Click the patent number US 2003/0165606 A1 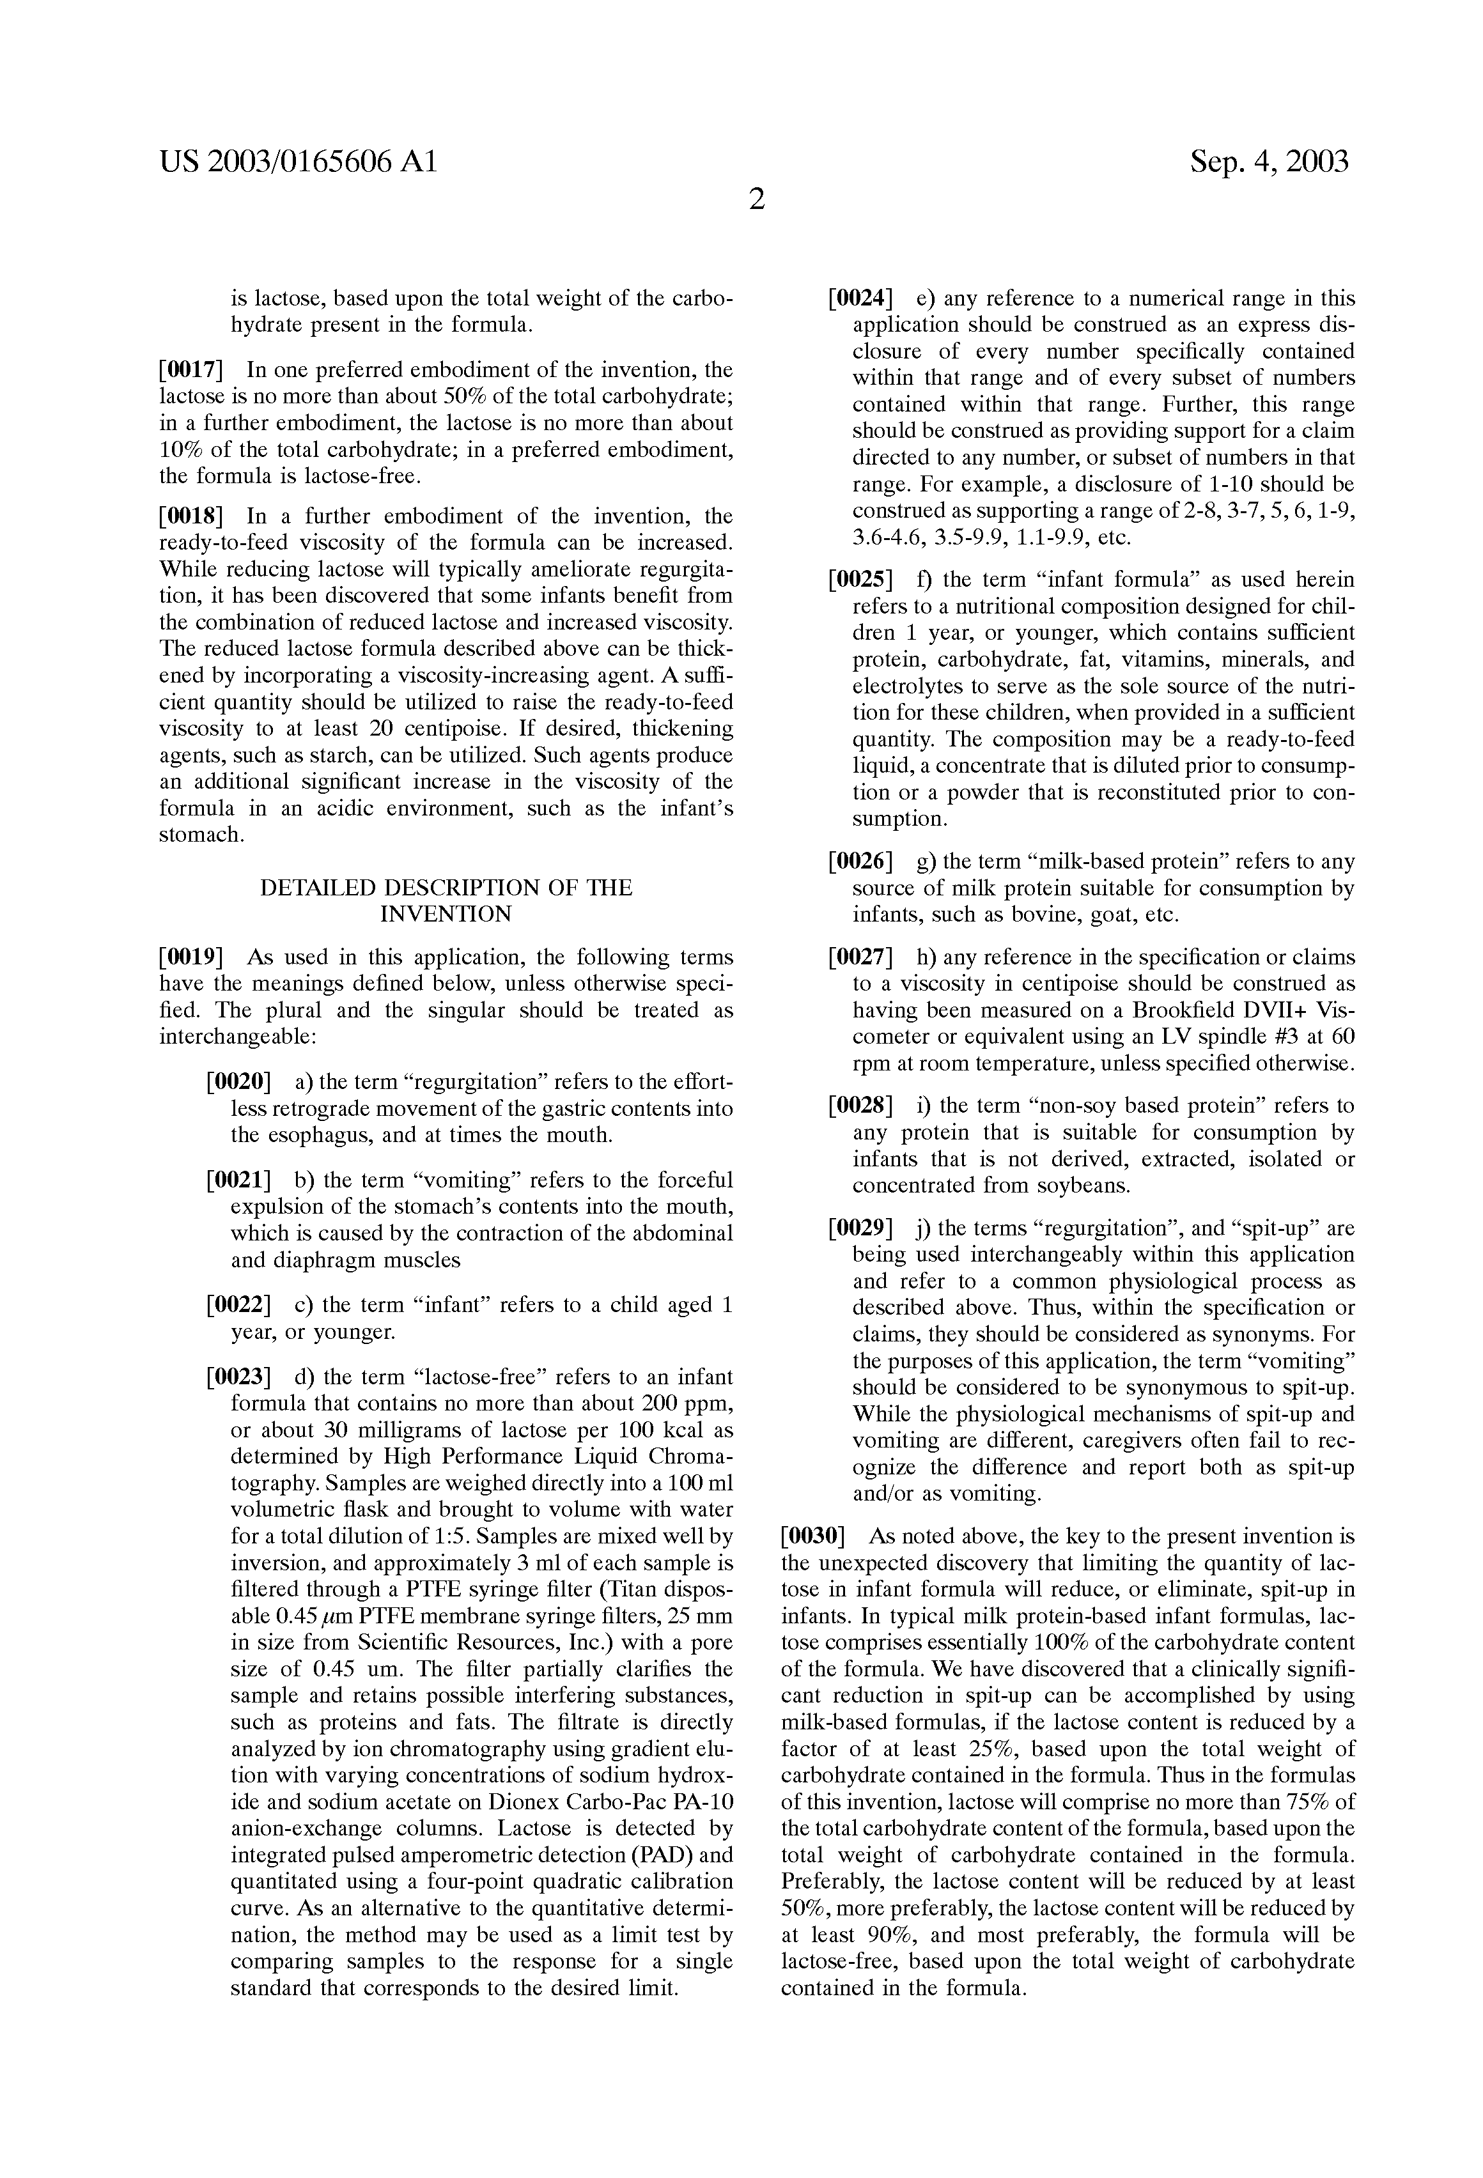[x=298, y=162]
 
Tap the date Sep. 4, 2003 [x=1269, y=162]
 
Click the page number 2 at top [x=756, y=199]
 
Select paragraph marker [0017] [x=190, y=370]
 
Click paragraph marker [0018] [x=190, y=516]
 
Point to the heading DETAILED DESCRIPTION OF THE [x=446, y=888]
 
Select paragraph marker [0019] [x=190, y=958]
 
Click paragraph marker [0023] [x=238, y=1378]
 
